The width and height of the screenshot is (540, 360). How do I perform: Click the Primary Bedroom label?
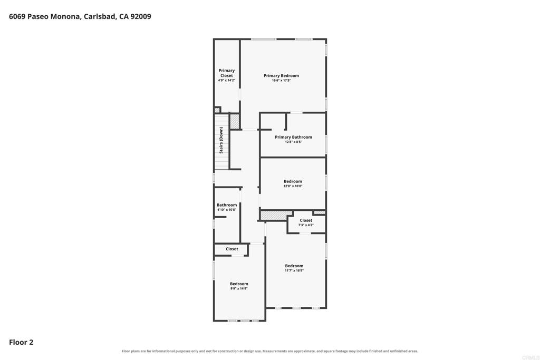(282, 76)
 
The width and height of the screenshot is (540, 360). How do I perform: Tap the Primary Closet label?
(227, 73)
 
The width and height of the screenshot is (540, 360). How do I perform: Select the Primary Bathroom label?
(293, 137)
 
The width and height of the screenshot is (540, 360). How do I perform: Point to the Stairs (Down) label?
(221, 140)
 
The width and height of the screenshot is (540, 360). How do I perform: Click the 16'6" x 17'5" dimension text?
(282, 81)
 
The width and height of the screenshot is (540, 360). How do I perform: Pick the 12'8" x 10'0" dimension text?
(293, 186)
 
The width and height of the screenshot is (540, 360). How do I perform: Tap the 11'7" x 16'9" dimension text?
(294, 270)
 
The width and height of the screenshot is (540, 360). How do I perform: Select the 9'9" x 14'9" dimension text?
(239, 289)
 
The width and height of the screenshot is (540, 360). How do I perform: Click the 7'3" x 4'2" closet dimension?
(306, 225)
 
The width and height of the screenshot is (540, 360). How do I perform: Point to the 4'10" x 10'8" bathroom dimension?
(227, 210)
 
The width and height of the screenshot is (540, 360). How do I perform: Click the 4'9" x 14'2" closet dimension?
(227, 81)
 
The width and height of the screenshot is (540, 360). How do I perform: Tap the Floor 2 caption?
(21, 342)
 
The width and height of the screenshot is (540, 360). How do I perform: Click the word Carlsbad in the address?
(100, 16)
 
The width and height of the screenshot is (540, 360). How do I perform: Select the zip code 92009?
(141, 16)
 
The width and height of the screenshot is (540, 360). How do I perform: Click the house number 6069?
(17, 16)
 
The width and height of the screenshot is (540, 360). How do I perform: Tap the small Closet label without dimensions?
(232, 249)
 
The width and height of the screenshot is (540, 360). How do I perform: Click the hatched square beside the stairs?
(235, 121)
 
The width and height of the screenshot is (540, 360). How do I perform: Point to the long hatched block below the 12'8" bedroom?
(276, 216)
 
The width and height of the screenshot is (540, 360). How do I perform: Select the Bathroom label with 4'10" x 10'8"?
(227, 205)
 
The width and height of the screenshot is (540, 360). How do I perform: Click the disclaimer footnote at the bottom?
(270, 352)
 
